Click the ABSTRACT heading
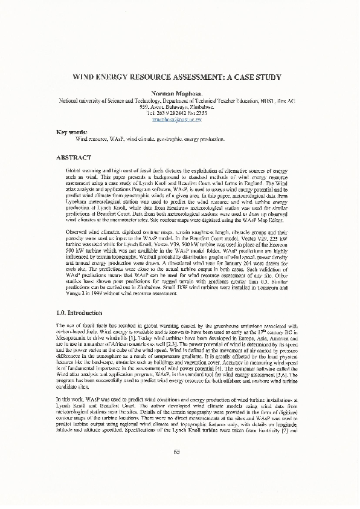pos(74,157)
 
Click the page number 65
pos(177,469)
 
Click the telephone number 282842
pos(173,113)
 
